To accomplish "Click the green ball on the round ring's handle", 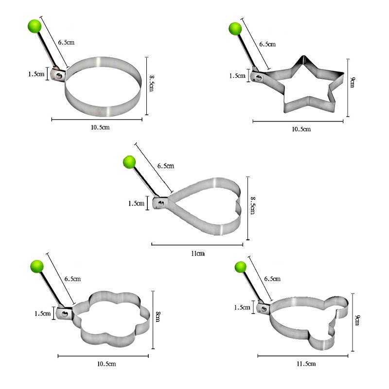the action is (35, 26).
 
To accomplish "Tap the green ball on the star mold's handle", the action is (235, 29).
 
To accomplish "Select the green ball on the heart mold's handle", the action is (129, 162).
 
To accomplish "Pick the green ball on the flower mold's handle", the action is (37, 266).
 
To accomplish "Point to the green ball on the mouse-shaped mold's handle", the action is (241, 267).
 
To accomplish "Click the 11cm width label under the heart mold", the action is (198, 253).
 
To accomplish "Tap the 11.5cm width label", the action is (306, 364).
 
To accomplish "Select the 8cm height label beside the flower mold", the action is (158, 317).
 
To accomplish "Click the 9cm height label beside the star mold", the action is (352, 82).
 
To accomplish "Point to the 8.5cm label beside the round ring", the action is (151, 83).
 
